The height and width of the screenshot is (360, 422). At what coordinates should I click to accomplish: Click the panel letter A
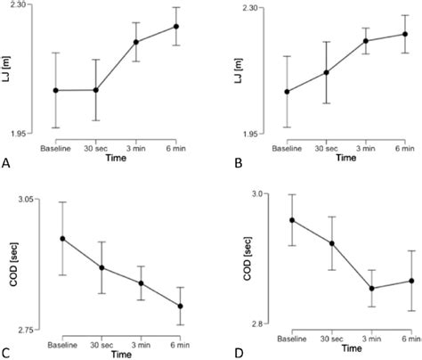pyautogui.click(x=6, y=163)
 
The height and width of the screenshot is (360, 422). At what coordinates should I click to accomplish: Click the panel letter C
pyautogui.click(x=6, y=353)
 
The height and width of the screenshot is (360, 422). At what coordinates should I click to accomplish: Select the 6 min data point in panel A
pyautogui.click(x=176, y=26)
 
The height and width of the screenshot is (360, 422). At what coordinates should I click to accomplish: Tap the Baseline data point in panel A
pyautogui.click(x=56, y=90)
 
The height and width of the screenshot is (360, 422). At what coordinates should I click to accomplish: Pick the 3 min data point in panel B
pyautogui.click(x=366, y=40)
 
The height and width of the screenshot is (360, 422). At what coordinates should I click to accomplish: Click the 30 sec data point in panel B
pyautogui.click(x=326, y=72)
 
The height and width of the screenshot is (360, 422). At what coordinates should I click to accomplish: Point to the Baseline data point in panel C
pyautogui.click(x=62, y=238)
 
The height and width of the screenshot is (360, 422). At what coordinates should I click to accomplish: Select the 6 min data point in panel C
pyautogui.click(x=180, y=306)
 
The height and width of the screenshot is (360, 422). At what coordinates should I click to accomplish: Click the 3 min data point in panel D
pyautogui.click(x=371, y=288)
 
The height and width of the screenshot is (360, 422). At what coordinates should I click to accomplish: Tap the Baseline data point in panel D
pyautogui.click(x=293, y=220)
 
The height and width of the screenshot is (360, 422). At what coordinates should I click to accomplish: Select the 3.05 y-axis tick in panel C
pyautogui.click(x=27, y=200)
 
